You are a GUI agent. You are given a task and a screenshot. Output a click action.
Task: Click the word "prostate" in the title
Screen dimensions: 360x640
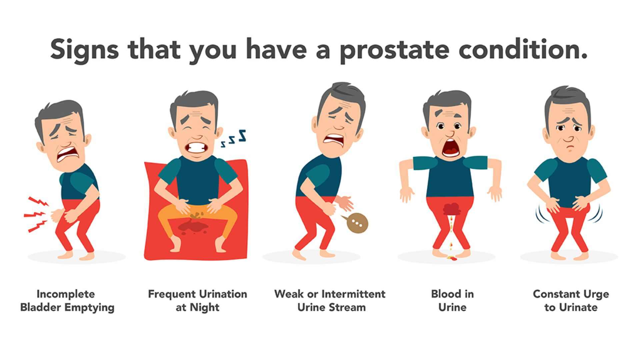[x=394, y=50]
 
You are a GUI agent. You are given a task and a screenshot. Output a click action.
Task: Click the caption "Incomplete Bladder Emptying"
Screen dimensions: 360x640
[x=67, y=301]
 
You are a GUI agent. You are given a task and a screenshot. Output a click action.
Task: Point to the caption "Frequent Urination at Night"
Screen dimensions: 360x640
[x=198, y=301]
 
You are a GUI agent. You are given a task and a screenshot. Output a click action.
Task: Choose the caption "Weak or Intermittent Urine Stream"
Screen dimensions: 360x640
[x=330, y=301]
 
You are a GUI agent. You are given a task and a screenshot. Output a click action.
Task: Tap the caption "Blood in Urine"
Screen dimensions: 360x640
[x=452, y=301]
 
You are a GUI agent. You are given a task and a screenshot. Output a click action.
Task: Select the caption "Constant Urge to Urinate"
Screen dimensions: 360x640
[x=571, y=301]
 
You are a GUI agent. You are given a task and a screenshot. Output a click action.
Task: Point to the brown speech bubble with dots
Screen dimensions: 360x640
[x=357, y=223]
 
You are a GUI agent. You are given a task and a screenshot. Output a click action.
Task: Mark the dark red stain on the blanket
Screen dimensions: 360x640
[x=193, y=228]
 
